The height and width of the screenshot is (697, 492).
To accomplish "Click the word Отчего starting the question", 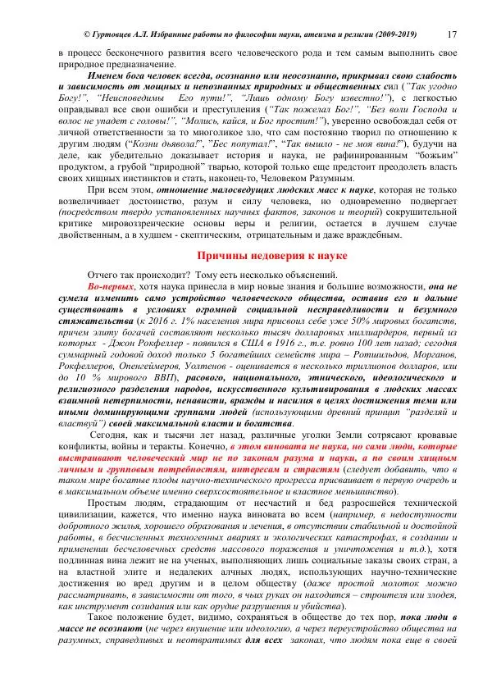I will pyautogui.click(x=103, y=276).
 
